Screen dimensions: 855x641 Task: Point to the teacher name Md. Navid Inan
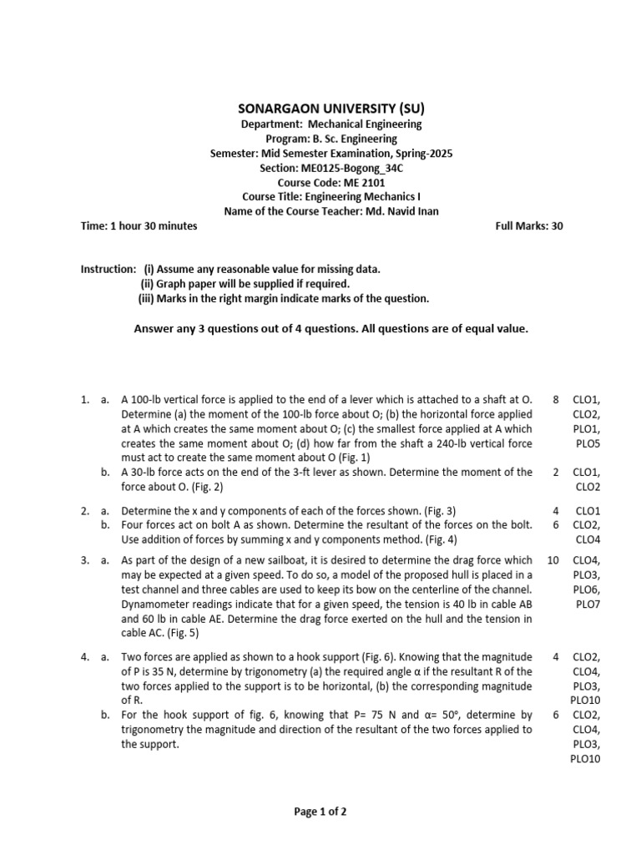[402, 211]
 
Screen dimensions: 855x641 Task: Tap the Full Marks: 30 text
[529, 226]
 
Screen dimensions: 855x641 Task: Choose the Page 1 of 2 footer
[320, 811]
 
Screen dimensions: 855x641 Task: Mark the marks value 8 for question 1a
[556, 400]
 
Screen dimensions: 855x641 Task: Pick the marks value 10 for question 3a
[553, 560]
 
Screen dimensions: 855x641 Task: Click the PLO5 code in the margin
[588, 443]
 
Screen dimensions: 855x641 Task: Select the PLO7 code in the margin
[588, 604]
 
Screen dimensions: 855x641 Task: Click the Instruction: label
[108, 269]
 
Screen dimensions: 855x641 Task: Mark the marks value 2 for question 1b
[556, 472]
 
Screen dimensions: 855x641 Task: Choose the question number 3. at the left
[85, 560]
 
